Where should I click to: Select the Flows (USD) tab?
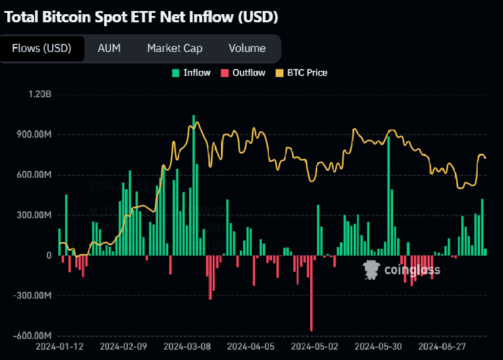(41, 48)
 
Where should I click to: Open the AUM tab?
(109, 48)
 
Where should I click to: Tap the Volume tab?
(246, 48)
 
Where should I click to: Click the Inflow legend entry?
(191, 73)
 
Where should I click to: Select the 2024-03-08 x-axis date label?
(186, 346)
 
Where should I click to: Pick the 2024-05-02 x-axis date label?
(314, 346)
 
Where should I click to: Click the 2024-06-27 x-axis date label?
(441, 346)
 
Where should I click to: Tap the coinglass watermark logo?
(403, 269)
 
